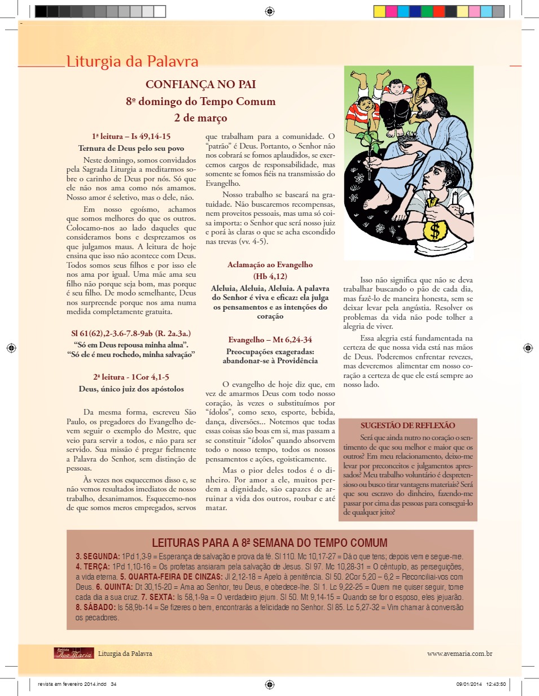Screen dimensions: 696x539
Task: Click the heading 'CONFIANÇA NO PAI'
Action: point(200,85)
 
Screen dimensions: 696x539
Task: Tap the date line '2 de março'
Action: point(200,118)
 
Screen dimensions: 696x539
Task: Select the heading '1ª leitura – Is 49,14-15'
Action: point(131,136)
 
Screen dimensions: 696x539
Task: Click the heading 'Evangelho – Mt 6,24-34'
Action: point(269,340)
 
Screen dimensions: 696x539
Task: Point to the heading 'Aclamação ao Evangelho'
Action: point(269,264)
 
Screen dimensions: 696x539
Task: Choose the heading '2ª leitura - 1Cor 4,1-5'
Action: point(131,376)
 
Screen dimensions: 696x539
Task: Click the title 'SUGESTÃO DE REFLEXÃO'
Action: point(407,425)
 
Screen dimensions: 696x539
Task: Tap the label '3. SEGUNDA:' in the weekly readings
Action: point(97,556)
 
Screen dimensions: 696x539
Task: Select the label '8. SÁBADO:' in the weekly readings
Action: point(95,607)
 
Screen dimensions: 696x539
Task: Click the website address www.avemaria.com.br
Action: point(460,653)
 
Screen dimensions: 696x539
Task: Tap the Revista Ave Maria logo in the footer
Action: point(73,653)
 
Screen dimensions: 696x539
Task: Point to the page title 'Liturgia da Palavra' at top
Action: point(132,62)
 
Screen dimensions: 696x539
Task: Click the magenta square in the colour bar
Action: point(391,11)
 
